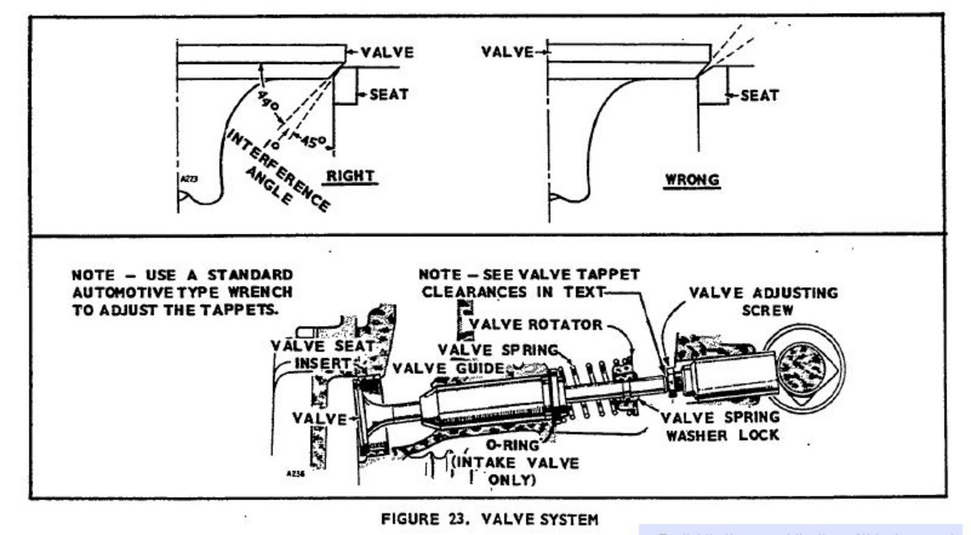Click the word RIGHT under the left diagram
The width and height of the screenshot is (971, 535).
[350, 176]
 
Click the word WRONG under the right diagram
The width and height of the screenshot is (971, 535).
[692, 181]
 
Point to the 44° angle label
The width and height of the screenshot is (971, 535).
[269, 104]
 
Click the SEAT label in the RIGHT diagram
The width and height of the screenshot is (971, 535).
[388, 95]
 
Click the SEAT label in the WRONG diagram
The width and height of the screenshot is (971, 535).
[759, 96]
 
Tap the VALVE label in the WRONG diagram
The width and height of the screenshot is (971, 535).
[506, 52]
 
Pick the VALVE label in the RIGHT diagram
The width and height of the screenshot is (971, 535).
[387, 52]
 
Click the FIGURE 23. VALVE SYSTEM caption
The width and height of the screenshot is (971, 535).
[489, 520]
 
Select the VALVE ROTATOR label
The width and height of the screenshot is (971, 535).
[536, 325]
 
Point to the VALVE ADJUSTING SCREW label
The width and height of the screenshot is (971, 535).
[763, 301]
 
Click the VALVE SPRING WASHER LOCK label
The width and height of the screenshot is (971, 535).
[719, 426]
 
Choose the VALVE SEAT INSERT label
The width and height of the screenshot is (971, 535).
[322, 354]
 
